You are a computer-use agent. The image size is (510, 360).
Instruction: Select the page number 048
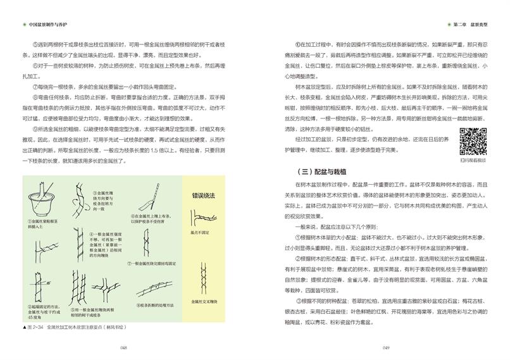[124, 347]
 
